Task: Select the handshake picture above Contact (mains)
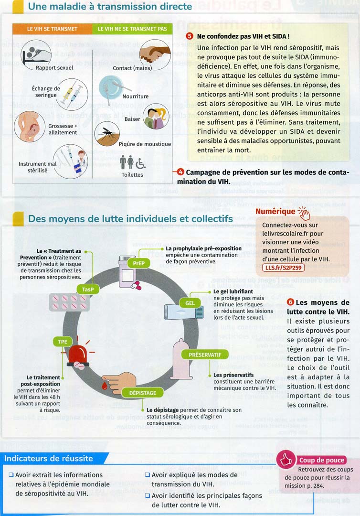[x=152, y=53]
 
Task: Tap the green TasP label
[x=88, y=289]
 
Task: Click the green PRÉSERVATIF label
[x=205, y=355]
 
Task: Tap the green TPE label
[x=63, y=342]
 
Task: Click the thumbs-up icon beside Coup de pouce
[x=286, y=460]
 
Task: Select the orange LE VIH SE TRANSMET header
[x=52, y=29]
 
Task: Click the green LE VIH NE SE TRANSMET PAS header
[x=132, y=29]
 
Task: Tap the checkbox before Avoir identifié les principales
[x=148, y=495]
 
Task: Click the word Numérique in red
[x=275, y=211]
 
